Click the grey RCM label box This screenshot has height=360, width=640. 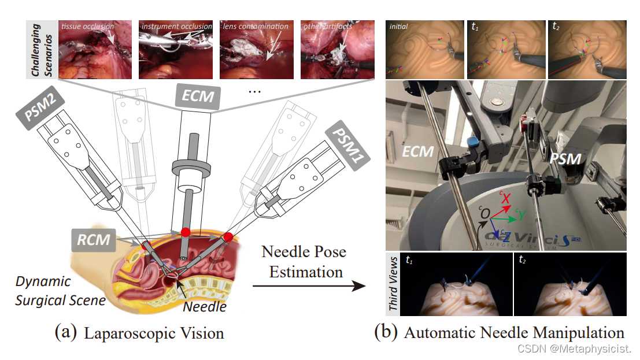point(94,239)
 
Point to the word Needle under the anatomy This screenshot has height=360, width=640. point(205,306)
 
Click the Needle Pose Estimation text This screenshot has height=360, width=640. point(305,261)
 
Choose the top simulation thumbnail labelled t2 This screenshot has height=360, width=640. point(587,49)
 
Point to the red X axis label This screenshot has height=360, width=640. point(506,198)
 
